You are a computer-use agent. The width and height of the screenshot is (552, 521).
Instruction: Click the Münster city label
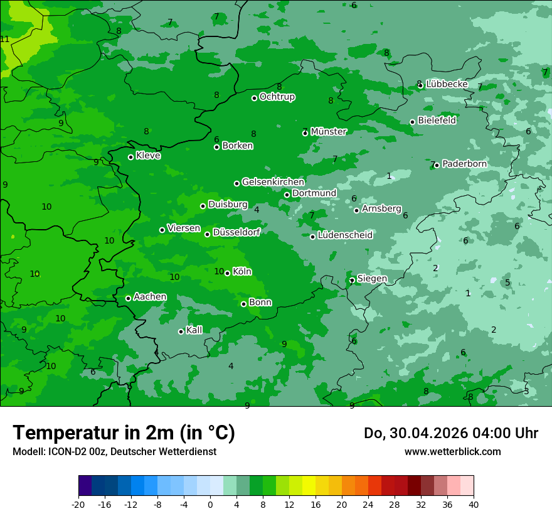[329, 132]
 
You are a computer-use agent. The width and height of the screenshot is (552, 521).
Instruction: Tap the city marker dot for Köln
[227, 273]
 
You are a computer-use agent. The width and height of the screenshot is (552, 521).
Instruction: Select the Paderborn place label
[464, 164]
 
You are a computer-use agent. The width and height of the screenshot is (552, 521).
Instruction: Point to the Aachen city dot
[128, 298]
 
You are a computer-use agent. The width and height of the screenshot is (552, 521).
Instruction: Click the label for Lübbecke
[447, 84]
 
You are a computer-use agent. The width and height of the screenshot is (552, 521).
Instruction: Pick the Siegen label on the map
[372, 279]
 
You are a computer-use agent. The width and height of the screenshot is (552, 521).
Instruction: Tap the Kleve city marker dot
[130, 157]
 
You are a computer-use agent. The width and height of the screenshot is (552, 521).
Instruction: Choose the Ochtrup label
[277, 97]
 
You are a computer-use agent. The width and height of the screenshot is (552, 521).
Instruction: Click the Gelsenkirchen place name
[273, 182]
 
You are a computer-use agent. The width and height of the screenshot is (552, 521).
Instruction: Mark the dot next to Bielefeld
[412, 122]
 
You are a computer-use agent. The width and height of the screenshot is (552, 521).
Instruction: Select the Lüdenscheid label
[345, 235]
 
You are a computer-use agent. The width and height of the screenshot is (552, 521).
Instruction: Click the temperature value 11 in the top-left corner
[5, 40]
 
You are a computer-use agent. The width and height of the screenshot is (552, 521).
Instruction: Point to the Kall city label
[194, 330]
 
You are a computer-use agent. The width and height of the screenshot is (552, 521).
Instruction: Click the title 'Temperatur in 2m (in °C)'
[124, 433]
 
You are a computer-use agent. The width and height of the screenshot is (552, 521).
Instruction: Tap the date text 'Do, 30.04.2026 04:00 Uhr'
[450, 433]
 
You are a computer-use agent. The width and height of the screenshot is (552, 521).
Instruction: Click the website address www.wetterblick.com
[452, 451]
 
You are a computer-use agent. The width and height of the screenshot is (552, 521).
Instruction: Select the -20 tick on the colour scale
[78, 504]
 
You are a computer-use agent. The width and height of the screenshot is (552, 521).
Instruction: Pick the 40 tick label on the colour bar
[474, 504]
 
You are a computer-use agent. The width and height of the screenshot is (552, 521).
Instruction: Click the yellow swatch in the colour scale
[309, 486]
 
